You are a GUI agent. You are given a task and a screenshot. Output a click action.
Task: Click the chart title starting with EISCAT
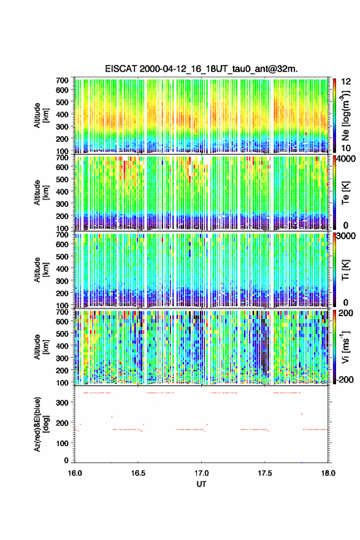coord(201,69)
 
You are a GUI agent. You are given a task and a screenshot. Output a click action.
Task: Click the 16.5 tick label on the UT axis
coord(138,473)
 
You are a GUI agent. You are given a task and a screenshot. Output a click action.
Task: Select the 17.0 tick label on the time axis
coord(201,473)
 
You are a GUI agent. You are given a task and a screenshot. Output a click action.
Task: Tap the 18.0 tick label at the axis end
coord(328,473)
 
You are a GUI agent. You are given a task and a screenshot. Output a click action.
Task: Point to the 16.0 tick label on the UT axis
coord(75,473)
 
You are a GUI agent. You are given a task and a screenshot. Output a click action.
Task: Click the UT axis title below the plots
coord(201,484)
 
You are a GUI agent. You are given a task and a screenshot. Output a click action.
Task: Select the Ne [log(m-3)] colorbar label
coord(345,116)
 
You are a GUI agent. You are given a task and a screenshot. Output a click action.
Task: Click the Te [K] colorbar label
coord(345,193)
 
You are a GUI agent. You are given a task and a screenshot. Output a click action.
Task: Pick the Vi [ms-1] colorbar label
coord(345,347)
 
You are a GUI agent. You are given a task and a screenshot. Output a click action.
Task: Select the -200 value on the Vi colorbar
coord(345,380)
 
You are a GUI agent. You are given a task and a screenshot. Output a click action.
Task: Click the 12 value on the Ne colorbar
coord(347,82)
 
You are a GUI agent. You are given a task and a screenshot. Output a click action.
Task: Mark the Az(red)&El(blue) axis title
coord(41,424)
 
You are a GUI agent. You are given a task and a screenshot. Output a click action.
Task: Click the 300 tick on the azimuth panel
coord(63,403)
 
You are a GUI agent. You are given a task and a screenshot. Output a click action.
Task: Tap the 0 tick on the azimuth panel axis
coord(66,460)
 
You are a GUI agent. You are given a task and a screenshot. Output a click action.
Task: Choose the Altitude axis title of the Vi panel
coord(41,347)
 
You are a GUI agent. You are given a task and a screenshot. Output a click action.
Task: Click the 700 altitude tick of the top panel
coord(63,80)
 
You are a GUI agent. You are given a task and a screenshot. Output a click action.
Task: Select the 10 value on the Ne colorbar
coord(347,148)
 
